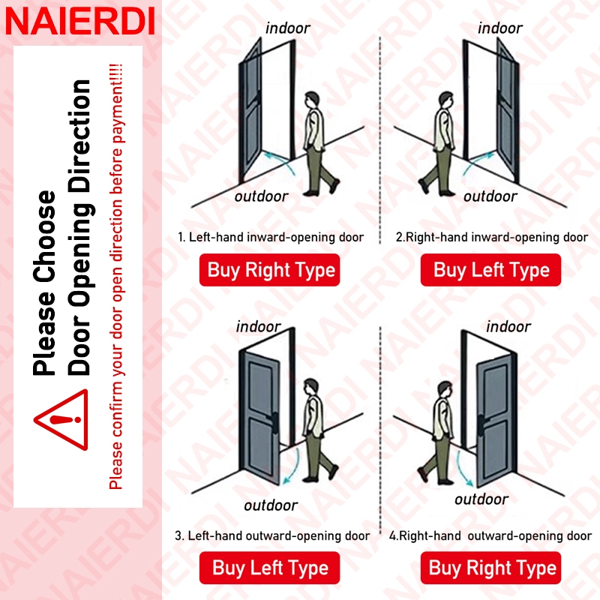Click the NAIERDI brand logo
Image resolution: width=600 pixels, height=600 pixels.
point(80,21)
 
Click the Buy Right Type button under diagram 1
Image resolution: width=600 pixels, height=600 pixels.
point(269,270)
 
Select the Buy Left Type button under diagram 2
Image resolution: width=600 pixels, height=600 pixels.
point(490,270)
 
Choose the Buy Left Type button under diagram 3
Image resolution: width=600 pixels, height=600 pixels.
point(269,568)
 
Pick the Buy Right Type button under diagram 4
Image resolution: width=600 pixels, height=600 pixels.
point(490,568)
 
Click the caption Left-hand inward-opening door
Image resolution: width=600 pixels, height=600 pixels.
point(276,237)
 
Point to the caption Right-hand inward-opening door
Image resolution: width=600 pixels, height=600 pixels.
point(496,237)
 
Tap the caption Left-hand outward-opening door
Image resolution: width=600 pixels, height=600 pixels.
point(279,535)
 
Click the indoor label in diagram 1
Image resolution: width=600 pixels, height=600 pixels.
point(288,28)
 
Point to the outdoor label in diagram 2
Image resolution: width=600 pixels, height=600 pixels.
point(490,196)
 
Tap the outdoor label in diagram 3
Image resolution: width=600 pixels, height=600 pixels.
point(271,505)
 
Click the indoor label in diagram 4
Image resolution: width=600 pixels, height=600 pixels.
point(508,327)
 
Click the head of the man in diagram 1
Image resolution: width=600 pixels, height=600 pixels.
point(311,100)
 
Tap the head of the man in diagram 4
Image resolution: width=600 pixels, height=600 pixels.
point(445,390)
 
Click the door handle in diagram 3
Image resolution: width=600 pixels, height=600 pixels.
point(274,421)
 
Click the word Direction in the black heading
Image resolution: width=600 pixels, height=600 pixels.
point(79,136)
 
